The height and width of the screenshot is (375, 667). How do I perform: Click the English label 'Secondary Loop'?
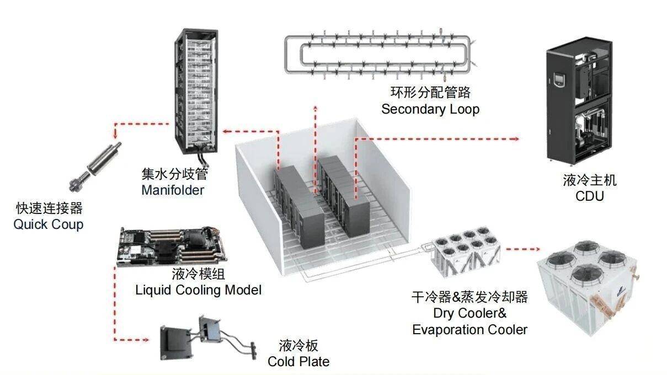(430, 109)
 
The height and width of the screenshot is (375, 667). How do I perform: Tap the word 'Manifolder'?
(173, 190)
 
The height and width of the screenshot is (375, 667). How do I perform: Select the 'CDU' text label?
(590, 196)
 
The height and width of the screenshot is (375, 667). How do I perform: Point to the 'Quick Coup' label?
(48, 224)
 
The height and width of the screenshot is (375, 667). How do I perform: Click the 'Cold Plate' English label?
(298, 362)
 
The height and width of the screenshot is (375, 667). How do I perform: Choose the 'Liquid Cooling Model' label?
(198, 290)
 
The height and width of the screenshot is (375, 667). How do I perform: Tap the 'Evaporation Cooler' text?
(469, 330)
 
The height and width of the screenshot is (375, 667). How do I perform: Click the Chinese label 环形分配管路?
(430, 92)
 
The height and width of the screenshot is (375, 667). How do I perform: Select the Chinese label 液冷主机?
(590, 180)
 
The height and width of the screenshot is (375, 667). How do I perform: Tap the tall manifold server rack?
(197, 92)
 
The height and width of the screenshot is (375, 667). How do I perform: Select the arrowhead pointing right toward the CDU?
(515, 138)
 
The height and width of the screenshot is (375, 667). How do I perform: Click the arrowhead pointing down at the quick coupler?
(115, 136)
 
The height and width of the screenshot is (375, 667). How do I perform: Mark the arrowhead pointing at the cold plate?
(146, 340)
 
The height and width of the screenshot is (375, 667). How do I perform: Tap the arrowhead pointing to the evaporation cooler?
(536, 249)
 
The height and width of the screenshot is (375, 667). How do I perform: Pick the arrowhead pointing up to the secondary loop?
(316, 109)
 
